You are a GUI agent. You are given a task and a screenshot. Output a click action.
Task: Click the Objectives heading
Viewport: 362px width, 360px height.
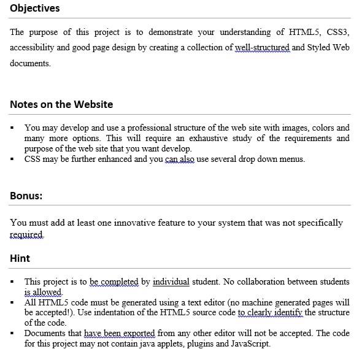(x=35, y=8)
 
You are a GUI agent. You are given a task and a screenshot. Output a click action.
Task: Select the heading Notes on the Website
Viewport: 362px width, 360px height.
(x=61, y=104)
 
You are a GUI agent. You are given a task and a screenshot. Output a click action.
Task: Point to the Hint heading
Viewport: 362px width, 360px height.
(x=20, y=258)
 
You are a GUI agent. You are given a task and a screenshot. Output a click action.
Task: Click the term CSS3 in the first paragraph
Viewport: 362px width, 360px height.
(x=337, y=32)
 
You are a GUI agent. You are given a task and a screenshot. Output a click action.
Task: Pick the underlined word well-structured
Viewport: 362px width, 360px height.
(x=263, y=47)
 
